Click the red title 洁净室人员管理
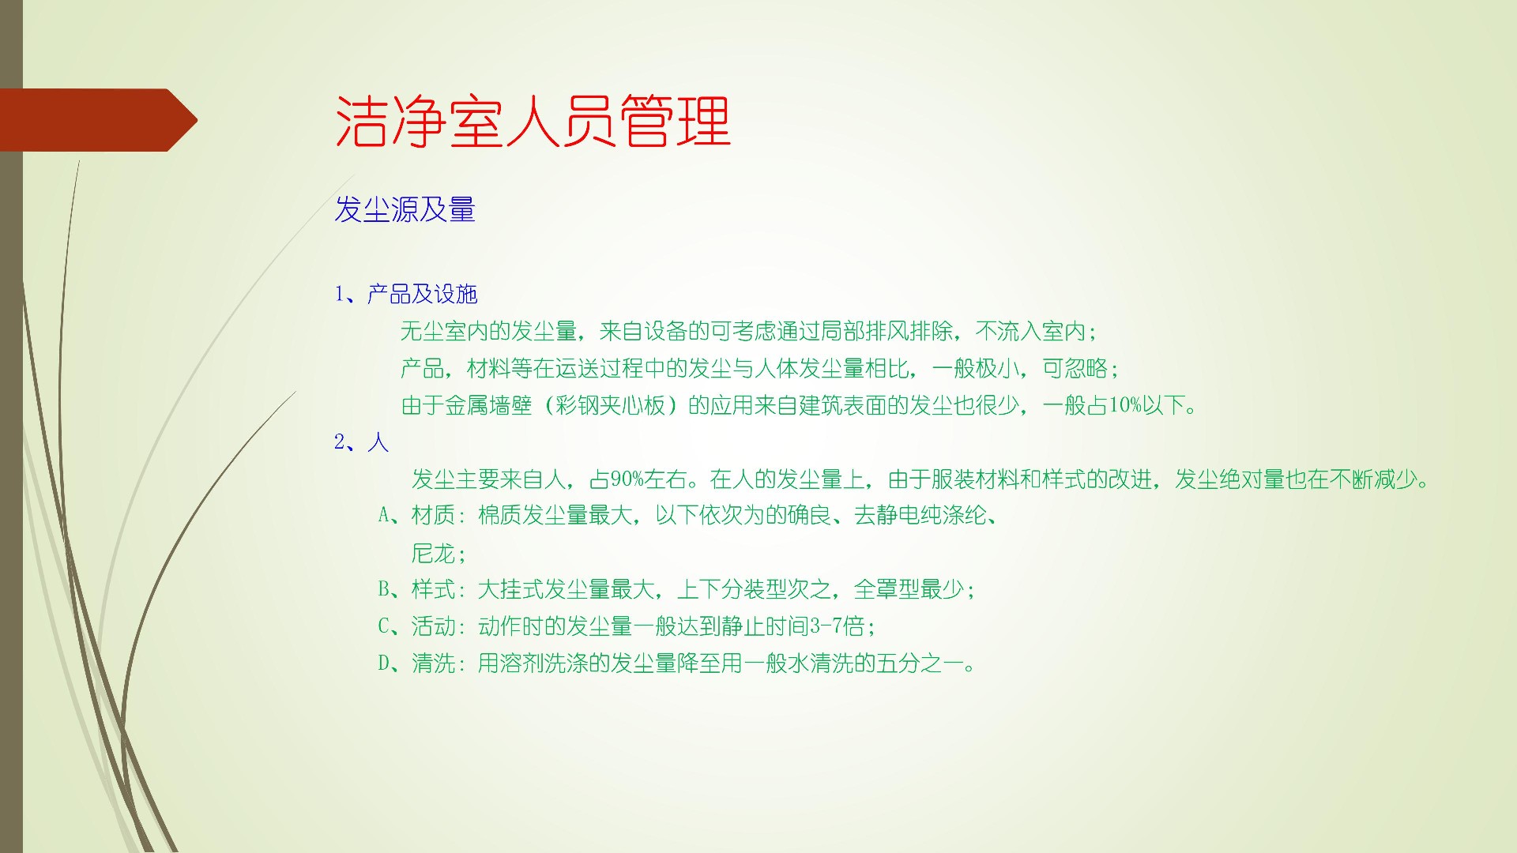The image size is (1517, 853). pyautogui.click(x=533, y=121)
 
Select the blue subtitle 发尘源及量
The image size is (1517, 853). pyautogui.click(x=405, y=209)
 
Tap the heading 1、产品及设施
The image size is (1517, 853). pyautogui.click(x=406, y=295)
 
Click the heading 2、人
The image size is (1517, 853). pyautogui.click(x=361, y=442)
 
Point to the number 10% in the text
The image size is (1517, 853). pyautogui.click(x=1126, y=405)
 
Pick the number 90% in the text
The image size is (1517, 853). pyautogui.click(x=627, y=479)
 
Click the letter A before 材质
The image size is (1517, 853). pyautogui.click(x=384, y=516)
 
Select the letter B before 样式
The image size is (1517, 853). pyautogui.click(x=384, y=589)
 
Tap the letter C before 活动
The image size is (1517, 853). pyautogui.click(x=384, y=626)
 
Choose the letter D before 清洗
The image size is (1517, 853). pyautogui.click(x=384, y=663)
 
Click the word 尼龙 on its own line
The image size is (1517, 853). pyautogui.click(x=433, y=553)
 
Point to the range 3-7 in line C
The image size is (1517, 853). pyautogui.click(x=826, y=626)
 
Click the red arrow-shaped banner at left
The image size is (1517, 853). pyautogui.click(x=99, y=120)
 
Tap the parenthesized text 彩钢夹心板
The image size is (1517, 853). pyautogui.click(x=611, y=405)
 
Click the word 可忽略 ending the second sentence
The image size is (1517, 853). pyautogui.click(x=1075, y=368)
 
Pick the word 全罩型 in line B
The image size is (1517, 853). pyautogui.click(x=886, y=589)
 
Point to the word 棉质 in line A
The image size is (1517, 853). pyautogui.click(x=499, y=516)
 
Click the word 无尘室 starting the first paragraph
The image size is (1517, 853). pyautogui.click(x=433, y=331)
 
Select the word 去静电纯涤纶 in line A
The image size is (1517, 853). pyautogui.click(x=920, y=516)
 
